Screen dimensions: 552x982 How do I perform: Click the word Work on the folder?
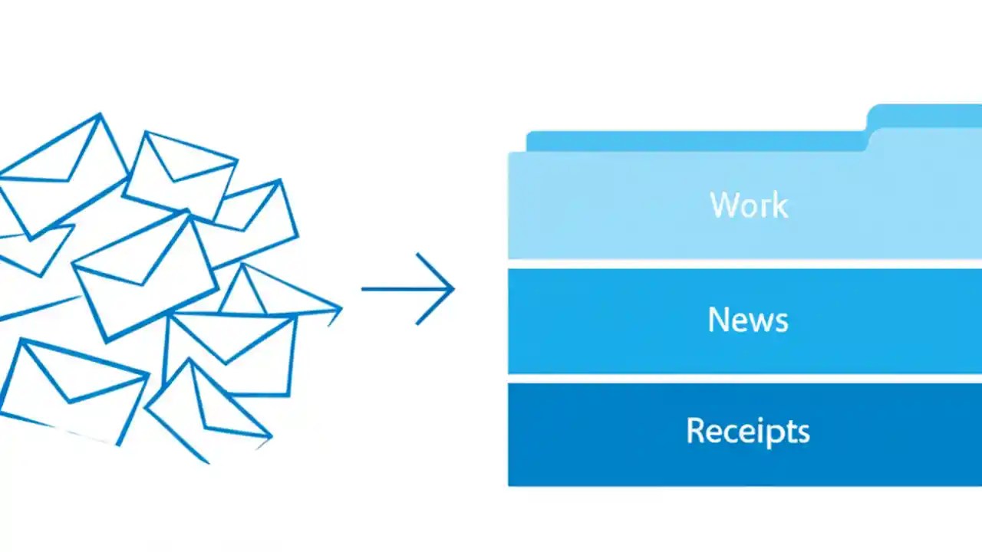click(x=749, y=205)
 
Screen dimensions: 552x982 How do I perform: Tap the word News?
click(x=748, y=320)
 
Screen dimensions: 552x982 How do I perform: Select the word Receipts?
click(x=748, y=431)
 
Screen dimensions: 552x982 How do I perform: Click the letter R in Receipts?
click(x=694, y=430)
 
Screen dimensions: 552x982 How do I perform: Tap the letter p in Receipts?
click(x=780, y=434)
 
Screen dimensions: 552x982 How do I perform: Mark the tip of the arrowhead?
click(x=454, y=289)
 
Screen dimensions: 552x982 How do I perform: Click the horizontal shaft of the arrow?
click(x=399, y=289)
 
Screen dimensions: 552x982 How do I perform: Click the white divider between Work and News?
click(x=744, y=264)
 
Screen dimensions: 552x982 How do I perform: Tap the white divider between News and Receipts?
click(x=744, y=379)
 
